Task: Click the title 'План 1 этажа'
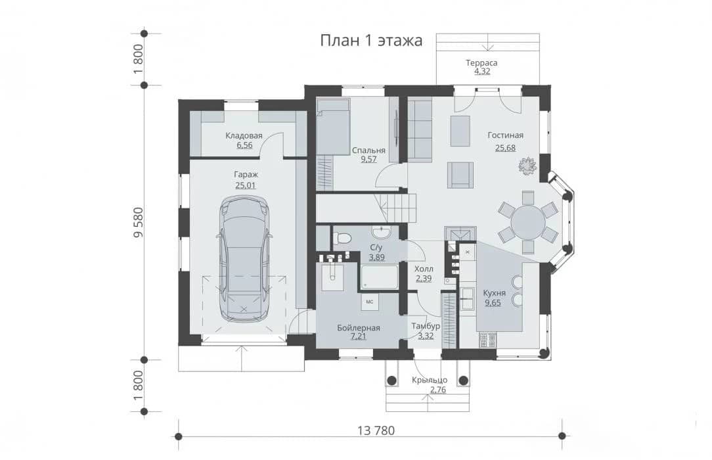point(371,41)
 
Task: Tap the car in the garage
point(245,259)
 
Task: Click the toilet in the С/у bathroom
point(342,238)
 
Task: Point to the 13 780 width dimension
point(376,430)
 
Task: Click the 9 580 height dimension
point(138,222)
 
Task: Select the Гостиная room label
point(505,135)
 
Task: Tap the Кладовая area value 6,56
point(244,145)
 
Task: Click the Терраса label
point(481,62)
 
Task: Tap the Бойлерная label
point(358,328)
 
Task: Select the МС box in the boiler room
point(370,302)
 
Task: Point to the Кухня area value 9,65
point(493,302)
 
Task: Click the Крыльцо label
point(430,380)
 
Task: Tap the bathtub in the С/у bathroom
point(380,277)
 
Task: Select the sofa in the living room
point(419,130)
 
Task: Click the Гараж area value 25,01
point(245,185)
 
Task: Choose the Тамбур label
point(426,327)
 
